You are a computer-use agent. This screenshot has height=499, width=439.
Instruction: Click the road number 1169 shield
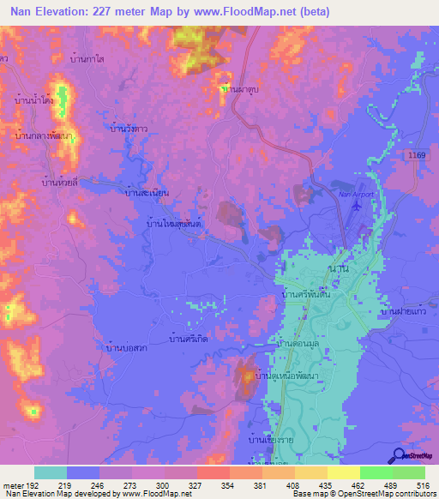tap(417, 154)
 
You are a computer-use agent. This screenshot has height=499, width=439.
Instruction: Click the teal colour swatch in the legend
tap(51, 472)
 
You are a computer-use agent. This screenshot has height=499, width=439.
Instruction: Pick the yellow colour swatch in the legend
tap(343, 472)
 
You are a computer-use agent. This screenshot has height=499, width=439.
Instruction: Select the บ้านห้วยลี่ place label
tap(60, 182)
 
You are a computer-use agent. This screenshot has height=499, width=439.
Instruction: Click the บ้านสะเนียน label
tap(147, 194)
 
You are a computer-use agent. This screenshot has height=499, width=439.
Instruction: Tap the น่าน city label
tap(338, 268)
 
